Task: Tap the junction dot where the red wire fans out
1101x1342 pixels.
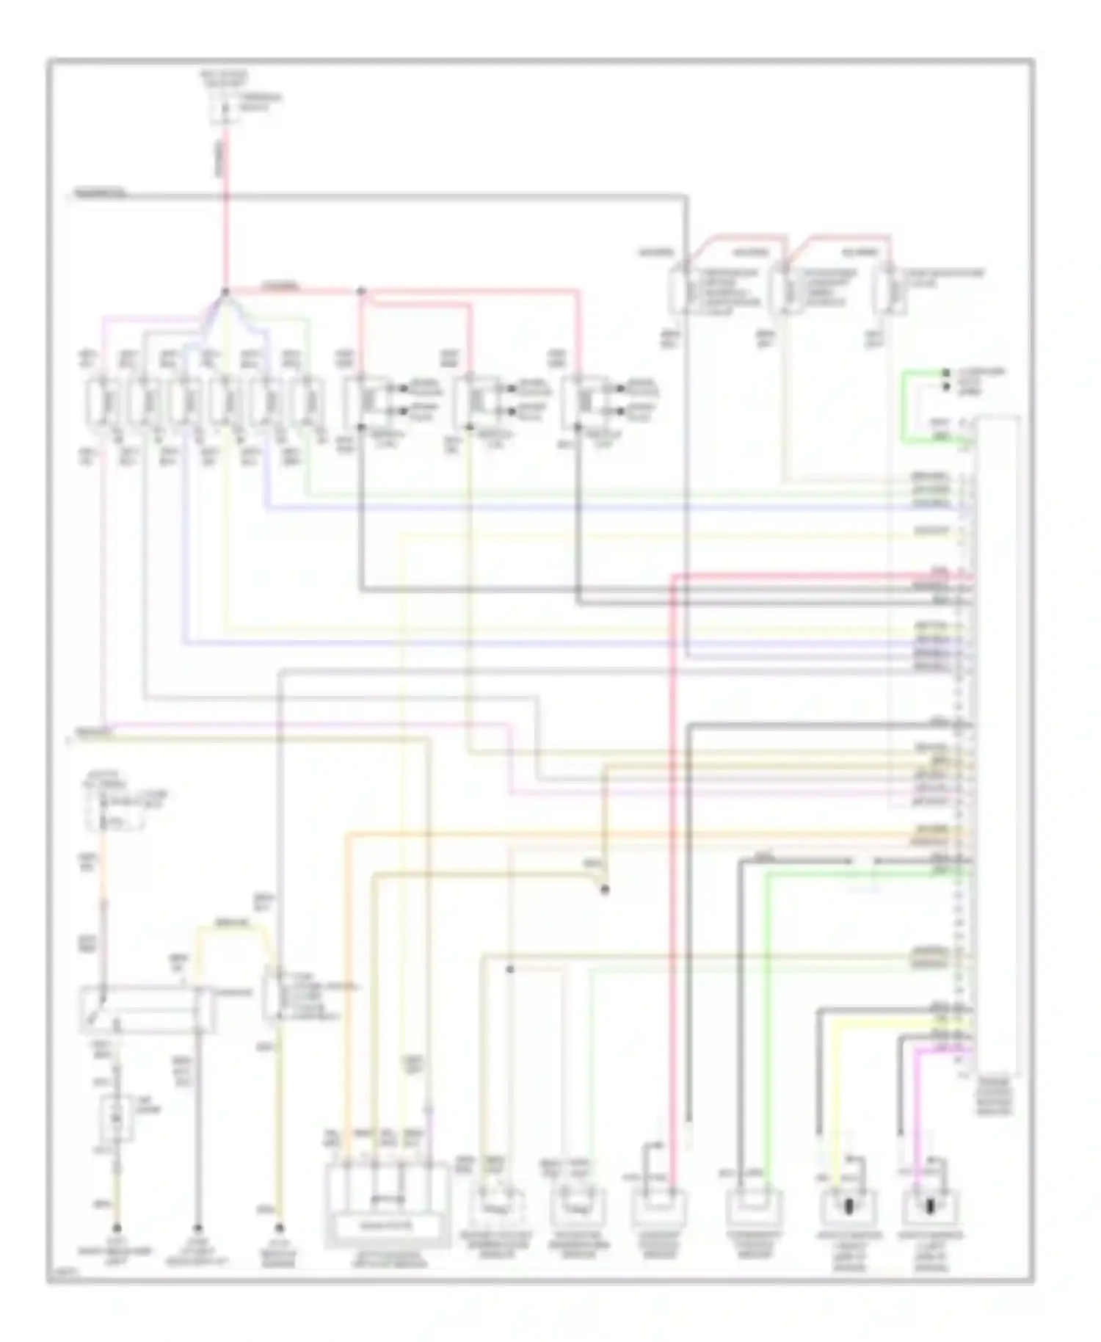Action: coord(225,291)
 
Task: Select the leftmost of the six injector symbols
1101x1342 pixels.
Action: coord(101,401)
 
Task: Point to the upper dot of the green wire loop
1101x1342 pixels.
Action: coord(946,373)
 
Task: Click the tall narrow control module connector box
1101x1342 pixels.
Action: coord(996,745)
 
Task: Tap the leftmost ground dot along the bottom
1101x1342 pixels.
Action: coord(116,1227)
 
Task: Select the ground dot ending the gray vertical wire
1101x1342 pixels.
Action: coord(197,1227)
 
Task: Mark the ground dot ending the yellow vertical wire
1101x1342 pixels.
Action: coord(279,1227)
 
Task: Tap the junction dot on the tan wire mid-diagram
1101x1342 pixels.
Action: coord(605,890)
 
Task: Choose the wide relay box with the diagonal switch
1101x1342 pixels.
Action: coord(147,1009)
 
